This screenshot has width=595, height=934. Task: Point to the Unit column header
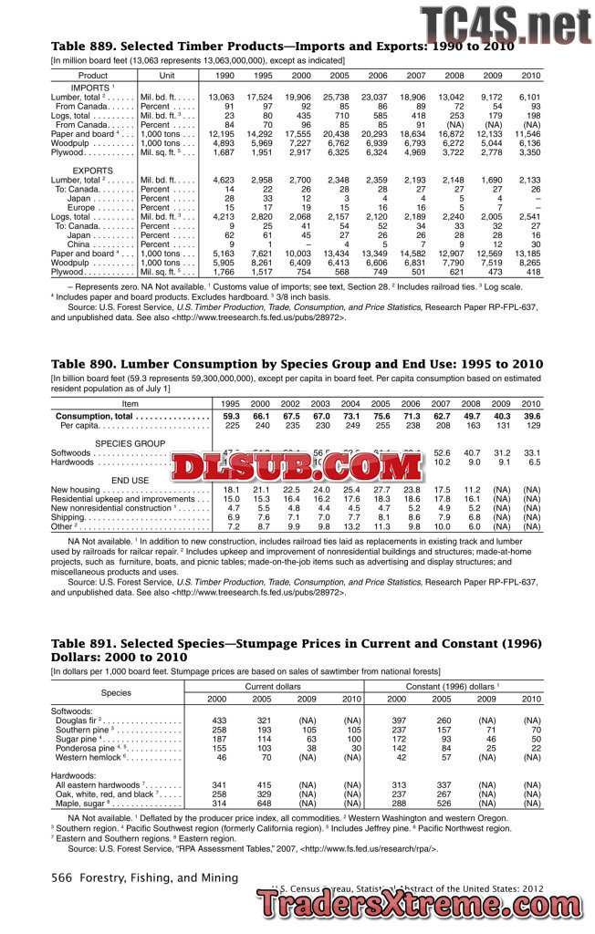[x=167, y=76]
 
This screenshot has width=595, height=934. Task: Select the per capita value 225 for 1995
[x=231, y=425]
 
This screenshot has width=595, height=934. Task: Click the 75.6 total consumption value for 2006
[x=410, y=416]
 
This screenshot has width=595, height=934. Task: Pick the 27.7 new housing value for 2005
[x=381, y=490]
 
